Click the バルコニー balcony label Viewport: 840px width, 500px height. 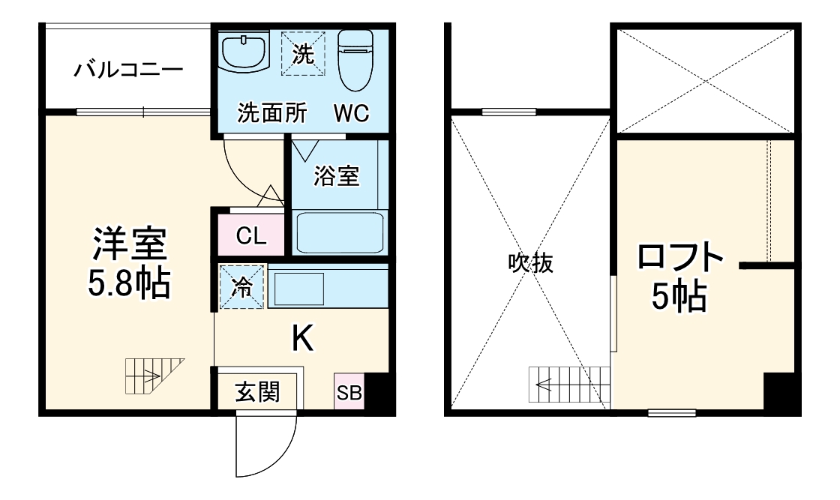pos(128,71)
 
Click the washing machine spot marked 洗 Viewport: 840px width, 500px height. pos(303,54)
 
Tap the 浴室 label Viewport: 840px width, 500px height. pos(337,176)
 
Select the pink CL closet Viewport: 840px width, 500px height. pos(251,236)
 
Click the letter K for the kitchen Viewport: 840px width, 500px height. pos(302,340)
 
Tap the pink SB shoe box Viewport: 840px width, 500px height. pos(349,392)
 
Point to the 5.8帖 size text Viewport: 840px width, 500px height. pos(129,283)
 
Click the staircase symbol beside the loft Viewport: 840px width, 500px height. pos(569,386)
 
